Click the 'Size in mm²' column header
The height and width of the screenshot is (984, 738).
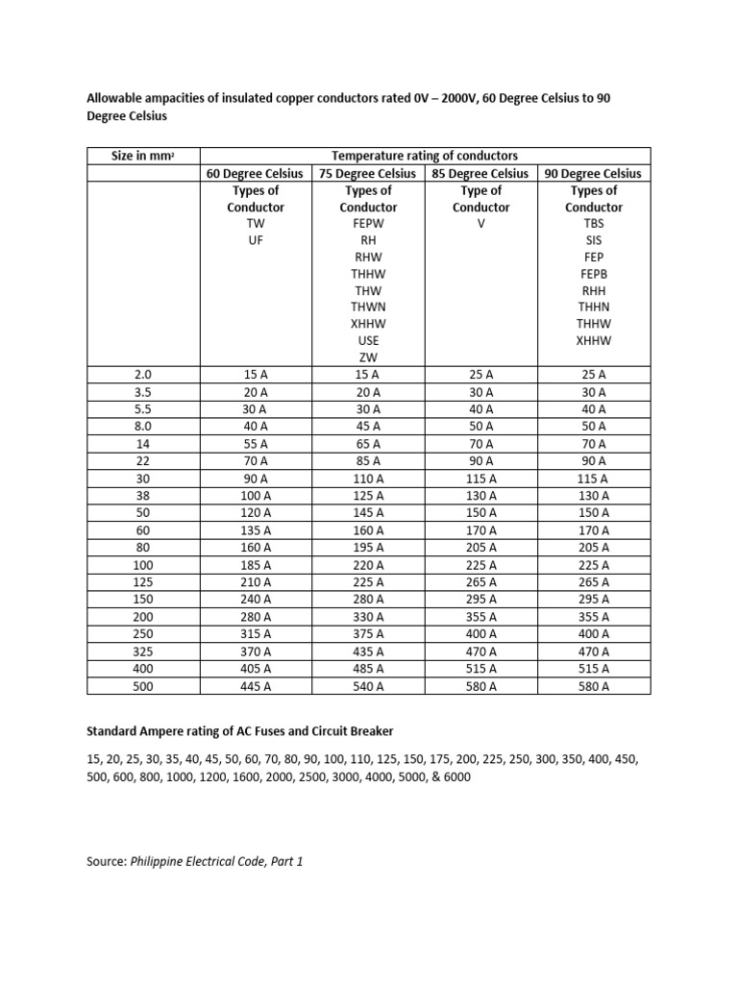click(x=143, y=156)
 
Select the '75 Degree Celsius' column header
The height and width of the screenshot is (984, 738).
click(x=368, y=173)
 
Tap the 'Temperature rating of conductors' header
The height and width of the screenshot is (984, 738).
click(x=425, y=156)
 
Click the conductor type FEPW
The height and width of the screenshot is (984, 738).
click(x=368, y=224)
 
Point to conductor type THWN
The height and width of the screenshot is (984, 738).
click(x=368, y=307)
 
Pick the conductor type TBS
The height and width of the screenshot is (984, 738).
click(x=594, y=224)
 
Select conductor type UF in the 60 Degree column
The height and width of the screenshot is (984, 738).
click(x=256, y=240)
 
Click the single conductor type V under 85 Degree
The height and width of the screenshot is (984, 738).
click(x=480, y=224)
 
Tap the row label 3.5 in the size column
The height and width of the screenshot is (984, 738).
click(x=142, y=392)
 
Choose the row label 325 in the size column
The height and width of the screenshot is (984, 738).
click(x=142, y=652)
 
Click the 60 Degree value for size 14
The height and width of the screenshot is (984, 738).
click(x=256, y=444)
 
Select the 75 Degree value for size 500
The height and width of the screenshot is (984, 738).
click(x=368, y=686)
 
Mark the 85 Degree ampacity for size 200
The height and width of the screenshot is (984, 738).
click(x=480, y=617)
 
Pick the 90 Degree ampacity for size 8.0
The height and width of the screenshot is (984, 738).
click(x=594, y=427)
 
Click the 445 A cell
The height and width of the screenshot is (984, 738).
click(x=256, y=686)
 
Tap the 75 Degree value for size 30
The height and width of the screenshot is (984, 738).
click(x=368, y=479)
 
